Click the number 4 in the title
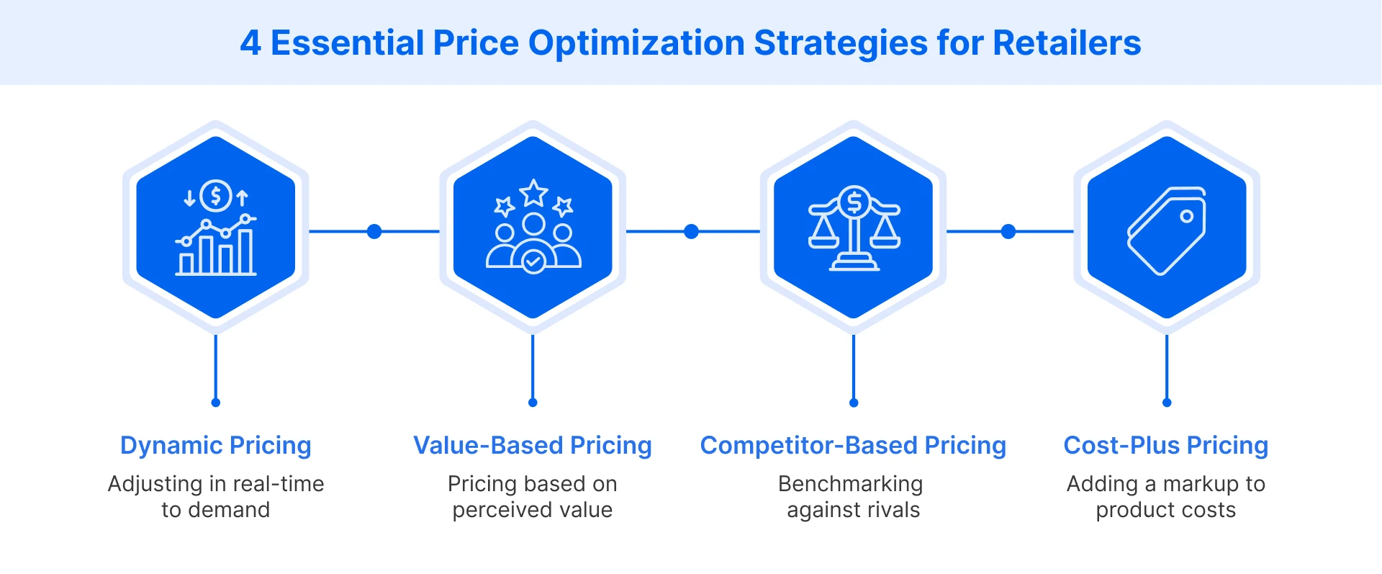click(x=250, y=43)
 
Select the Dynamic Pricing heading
click(x=215, y=445)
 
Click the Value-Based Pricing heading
click(x=532, y=445)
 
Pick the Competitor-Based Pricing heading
click(x=853, y=445)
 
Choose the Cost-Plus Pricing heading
click(x=1165, y=445)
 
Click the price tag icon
click(x=1166, y=230)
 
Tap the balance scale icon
click(x=854, y=229)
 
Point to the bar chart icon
click(x=216, y=248)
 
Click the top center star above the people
click(x=533, y=193)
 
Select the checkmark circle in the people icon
click(x=533, y=261)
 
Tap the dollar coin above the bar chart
click(x=215, y=196)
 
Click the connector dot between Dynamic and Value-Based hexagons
click(x=374, y=231)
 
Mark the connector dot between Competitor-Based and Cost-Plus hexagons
click(x=1008, y=231)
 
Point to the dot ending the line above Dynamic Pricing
click(x=215, y=403)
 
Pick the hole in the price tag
click(x=1186, y=216)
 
